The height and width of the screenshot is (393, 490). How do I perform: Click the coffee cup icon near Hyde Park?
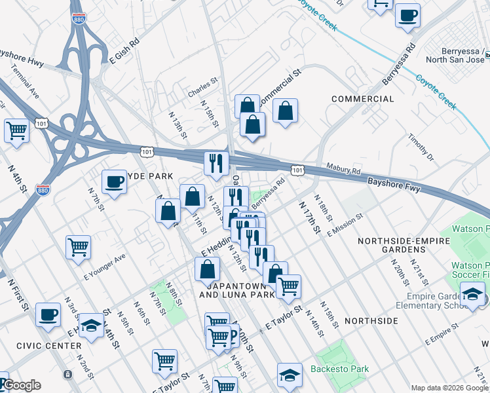click(114, 181)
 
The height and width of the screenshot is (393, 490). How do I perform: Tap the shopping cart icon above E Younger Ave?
click(78, 248)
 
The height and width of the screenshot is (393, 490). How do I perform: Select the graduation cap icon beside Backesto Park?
click(289, 375)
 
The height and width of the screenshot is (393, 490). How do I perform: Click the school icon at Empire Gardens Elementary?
click(472, 295)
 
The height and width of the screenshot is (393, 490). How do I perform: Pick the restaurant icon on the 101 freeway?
click(216, 163)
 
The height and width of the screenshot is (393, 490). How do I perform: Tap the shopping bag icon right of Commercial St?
click(286, 111)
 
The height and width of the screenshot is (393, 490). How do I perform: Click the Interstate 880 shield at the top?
click(79, 19)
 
